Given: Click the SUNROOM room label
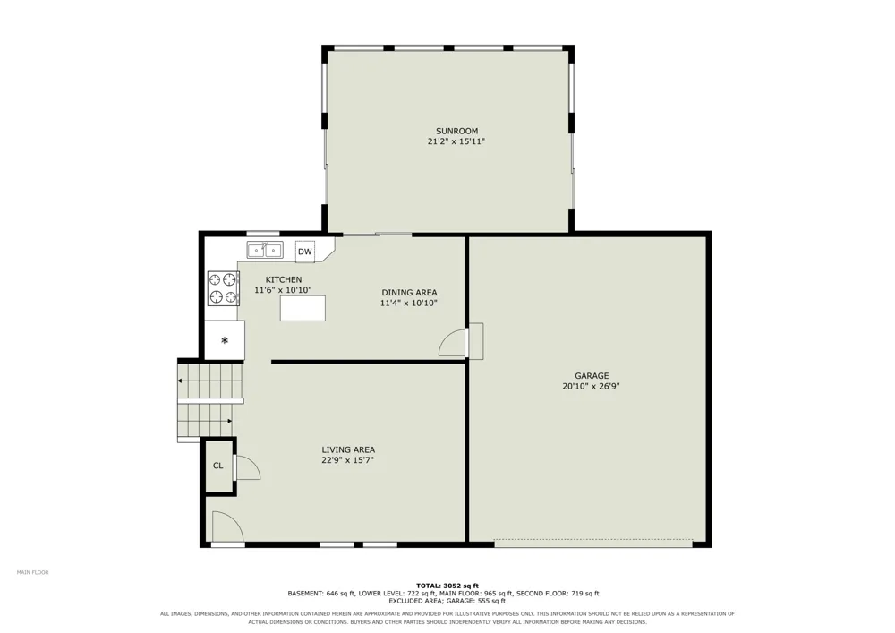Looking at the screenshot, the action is [456, 131].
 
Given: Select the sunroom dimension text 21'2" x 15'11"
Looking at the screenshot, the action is [456, 141].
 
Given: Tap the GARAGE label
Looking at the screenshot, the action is [592, 375].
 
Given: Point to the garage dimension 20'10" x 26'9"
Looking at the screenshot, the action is [591, 386].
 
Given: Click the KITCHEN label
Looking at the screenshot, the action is [284, 279].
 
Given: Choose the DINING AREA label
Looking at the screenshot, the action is [409, 293].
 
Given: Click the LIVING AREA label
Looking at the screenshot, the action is [348, 449].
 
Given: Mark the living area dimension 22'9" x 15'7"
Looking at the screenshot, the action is [347, 460].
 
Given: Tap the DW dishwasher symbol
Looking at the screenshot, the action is [305, 252].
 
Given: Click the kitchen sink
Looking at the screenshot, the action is [265, 250].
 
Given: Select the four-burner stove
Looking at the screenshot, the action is [223, 287].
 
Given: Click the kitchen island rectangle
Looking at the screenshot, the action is [303, 308].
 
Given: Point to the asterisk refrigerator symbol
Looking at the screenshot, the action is [225, 341].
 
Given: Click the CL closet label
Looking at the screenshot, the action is [218, 466].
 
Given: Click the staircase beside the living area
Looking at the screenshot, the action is [210, 401].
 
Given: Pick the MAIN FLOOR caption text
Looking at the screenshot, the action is [32, 572].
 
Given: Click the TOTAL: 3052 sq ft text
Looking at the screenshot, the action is [447, 586].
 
